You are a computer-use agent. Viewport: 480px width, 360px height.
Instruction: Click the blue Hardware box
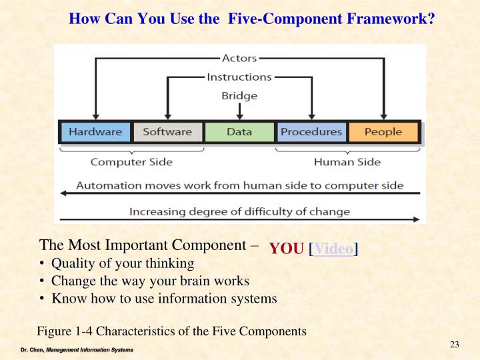(x=95, y=132)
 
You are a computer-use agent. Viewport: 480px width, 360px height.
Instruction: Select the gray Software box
(x=167, y=132)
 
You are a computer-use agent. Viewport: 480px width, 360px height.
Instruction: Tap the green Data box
(x=239, y=132)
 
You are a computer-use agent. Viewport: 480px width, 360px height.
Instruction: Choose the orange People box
(x=383, y=132)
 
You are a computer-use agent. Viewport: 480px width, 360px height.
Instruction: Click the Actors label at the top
(x=239, y=59)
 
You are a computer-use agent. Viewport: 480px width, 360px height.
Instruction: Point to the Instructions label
(x=239, y=77)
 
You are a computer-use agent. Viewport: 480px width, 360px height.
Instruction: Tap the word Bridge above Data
(x=239, y=95)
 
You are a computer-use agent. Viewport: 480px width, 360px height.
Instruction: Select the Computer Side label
(x=131, y=161)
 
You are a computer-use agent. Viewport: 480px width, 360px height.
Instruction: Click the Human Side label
(x=347, y=161)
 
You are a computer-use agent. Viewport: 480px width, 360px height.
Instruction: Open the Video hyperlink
(x=333, y=249)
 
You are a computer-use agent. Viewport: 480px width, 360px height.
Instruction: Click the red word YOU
(x=286, y=249)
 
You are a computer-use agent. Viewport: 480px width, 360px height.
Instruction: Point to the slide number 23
(x=455, y=344)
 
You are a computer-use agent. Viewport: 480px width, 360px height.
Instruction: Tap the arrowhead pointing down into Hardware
(x=96, y=116)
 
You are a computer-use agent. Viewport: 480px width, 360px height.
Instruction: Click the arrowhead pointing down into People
(x=383, y=116)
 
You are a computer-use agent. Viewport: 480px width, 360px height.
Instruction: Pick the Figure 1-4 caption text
(x=171, y=331)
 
